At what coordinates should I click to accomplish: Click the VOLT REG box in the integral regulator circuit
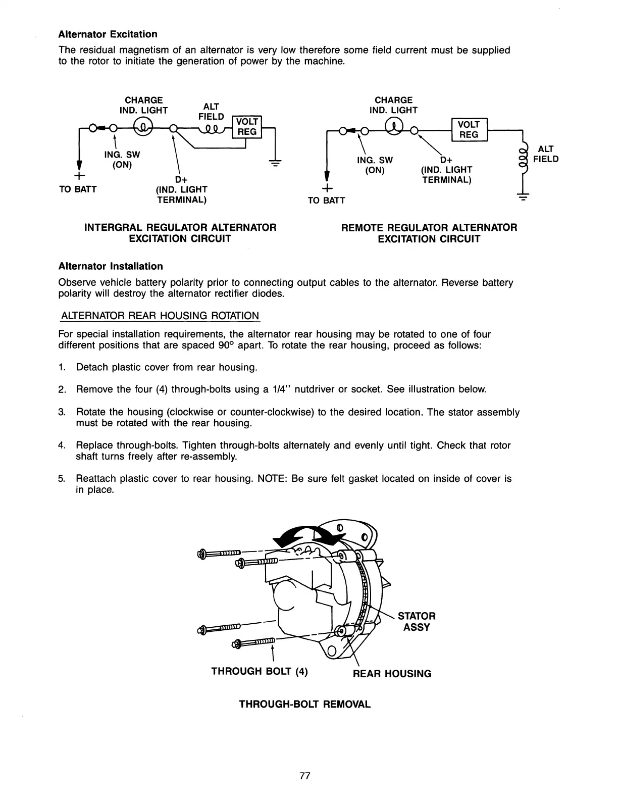[x=247, y=127]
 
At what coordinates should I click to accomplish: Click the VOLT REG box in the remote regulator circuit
[x=468, y=129]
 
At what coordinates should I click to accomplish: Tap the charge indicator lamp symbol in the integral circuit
[x=142, y=126]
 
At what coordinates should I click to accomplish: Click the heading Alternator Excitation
[x=108, y=34]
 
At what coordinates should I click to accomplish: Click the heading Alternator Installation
[x=111, y=266]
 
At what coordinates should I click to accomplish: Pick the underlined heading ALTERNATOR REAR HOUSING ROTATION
[x=160, y=316]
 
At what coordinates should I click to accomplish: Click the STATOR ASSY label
[x=417, y=622]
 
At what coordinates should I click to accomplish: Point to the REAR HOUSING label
[x=392, y=674]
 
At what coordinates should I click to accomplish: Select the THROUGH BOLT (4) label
[x=260, y=671]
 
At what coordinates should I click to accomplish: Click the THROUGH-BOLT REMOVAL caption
[x=304, y=704]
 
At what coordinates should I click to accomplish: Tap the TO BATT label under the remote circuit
[x=327, y=201]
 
